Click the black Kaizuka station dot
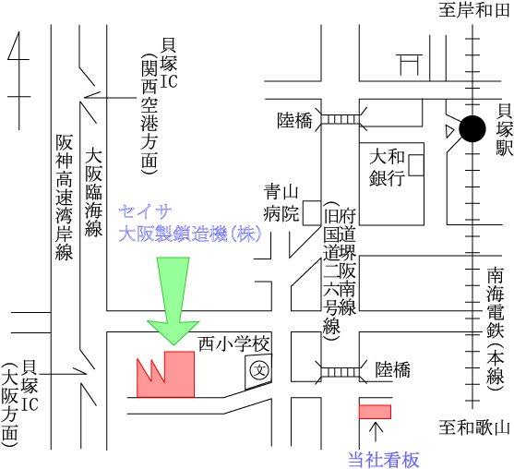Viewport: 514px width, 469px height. coord(472,129)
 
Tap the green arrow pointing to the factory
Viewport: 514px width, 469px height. coord(173,300)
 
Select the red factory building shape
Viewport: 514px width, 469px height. coord(165,374)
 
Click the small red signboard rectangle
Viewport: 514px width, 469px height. coord(375,412)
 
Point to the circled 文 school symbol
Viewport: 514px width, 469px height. coord(259,370)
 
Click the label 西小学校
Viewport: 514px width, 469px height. coord(234,344)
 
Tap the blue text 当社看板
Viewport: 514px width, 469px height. coord(384,460)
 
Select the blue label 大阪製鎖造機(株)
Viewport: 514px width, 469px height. coord(190,234)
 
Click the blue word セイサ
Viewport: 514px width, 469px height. coord(145,211)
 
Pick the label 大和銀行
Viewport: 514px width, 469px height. coord(387,168)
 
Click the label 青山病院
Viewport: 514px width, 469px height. coord(281,203)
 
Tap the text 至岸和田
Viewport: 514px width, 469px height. coord(474,10)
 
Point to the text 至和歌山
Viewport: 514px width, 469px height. coord(474,428)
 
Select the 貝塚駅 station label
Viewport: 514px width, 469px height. coord(504,130)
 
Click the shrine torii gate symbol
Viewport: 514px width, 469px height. coord(409,65)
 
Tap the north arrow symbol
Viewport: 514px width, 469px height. coord(19,80)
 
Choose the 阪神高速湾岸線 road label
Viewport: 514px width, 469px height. coord(64,197)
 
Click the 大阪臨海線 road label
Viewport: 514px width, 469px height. coord(93,194)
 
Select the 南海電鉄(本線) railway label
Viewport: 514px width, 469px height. coord(495,329)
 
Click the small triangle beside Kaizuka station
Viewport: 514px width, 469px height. coord(449,131)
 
